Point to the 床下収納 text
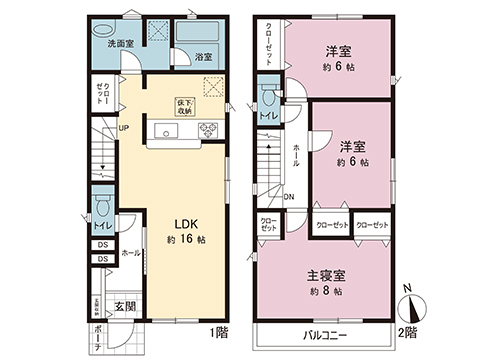click(187, 105)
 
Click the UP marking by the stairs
click(123, 128)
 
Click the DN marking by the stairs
click(288, 198)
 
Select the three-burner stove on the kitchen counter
click(209, 129)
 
